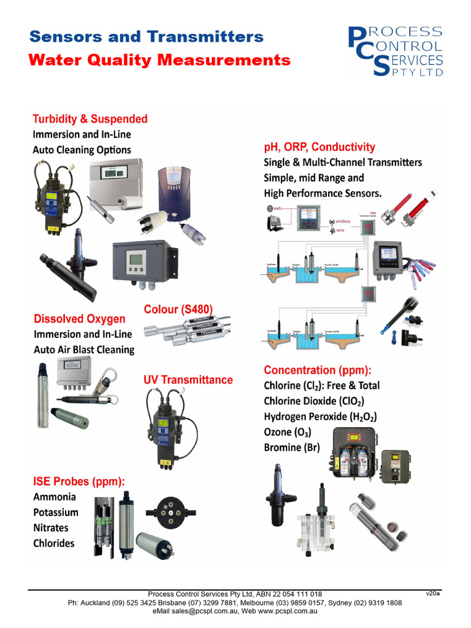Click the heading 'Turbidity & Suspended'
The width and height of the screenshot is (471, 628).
pos(90,119)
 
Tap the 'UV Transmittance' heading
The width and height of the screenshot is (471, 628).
pos(188,380)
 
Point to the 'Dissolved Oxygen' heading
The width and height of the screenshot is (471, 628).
pos(79,319)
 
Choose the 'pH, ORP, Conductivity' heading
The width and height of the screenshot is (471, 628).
pos(319,147)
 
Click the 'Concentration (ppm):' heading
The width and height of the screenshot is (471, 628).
pos(318,370)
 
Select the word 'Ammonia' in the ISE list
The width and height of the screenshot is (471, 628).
pos(55,497)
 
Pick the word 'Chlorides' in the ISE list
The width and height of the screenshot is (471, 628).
pos(54,543)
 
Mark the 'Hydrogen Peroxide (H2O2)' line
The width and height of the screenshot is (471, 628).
pos(320,416)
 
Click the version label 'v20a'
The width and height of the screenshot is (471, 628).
pos(433,594)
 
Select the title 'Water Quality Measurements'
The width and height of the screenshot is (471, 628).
pos(159,60)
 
